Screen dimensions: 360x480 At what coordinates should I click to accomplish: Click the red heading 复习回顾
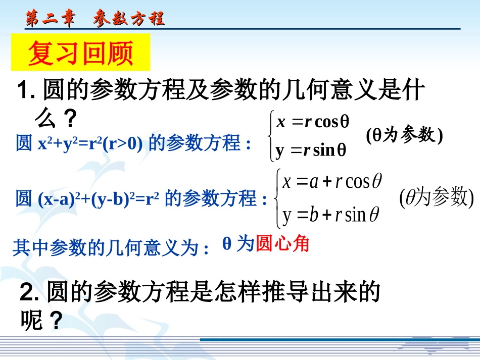(x=80, y=53)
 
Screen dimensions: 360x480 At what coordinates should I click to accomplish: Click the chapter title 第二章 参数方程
(x=95, y=19)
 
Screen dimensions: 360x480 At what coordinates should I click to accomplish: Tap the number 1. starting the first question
(x=25, y=92)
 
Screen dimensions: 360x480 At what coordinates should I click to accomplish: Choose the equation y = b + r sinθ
(x=331, y=215)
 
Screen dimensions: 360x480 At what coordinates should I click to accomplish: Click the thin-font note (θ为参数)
(x=436, y=198)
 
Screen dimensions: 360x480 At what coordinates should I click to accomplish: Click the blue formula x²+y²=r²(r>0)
(x=90, y=144)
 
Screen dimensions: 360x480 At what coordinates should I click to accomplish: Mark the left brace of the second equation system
(x=277, y=198)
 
